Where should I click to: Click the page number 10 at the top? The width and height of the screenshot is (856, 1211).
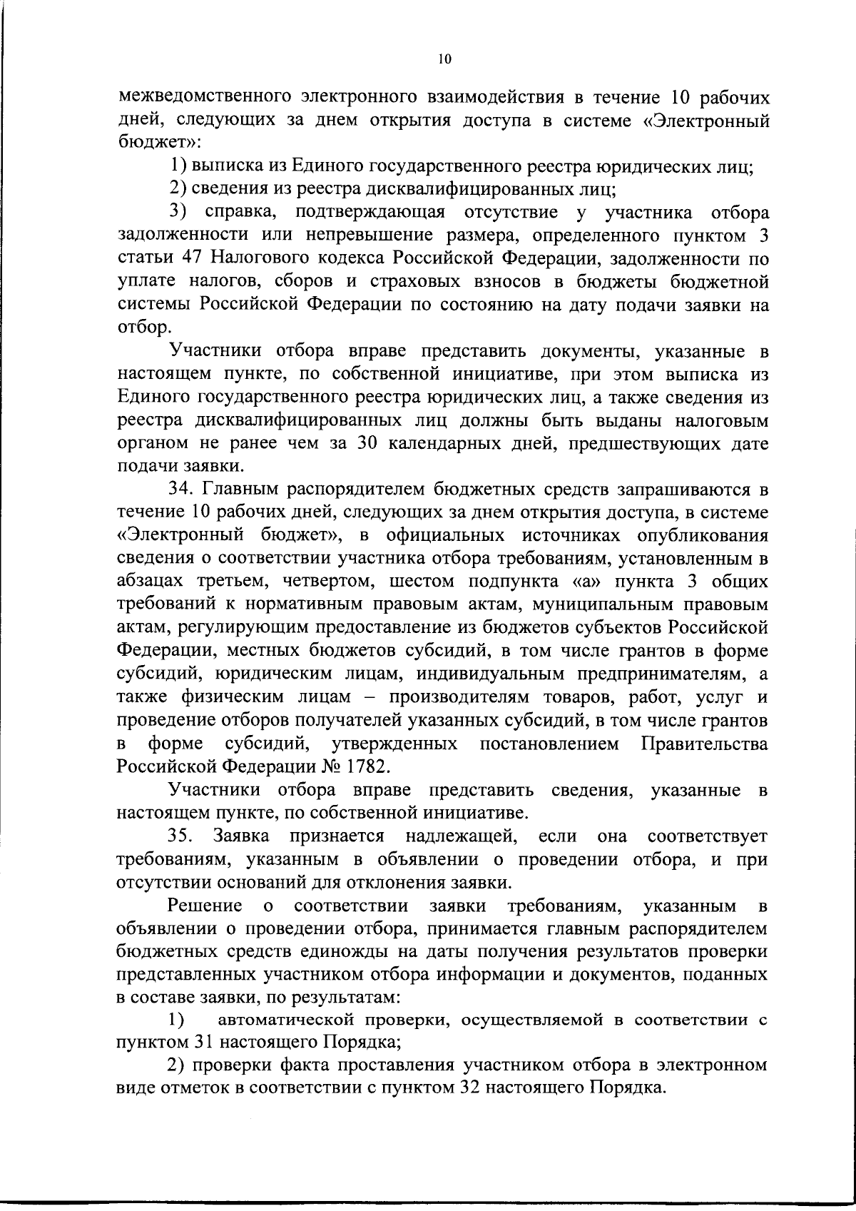[x=444, y=59]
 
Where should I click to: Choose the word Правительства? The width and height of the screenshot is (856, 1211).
[x=705, y=744]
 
